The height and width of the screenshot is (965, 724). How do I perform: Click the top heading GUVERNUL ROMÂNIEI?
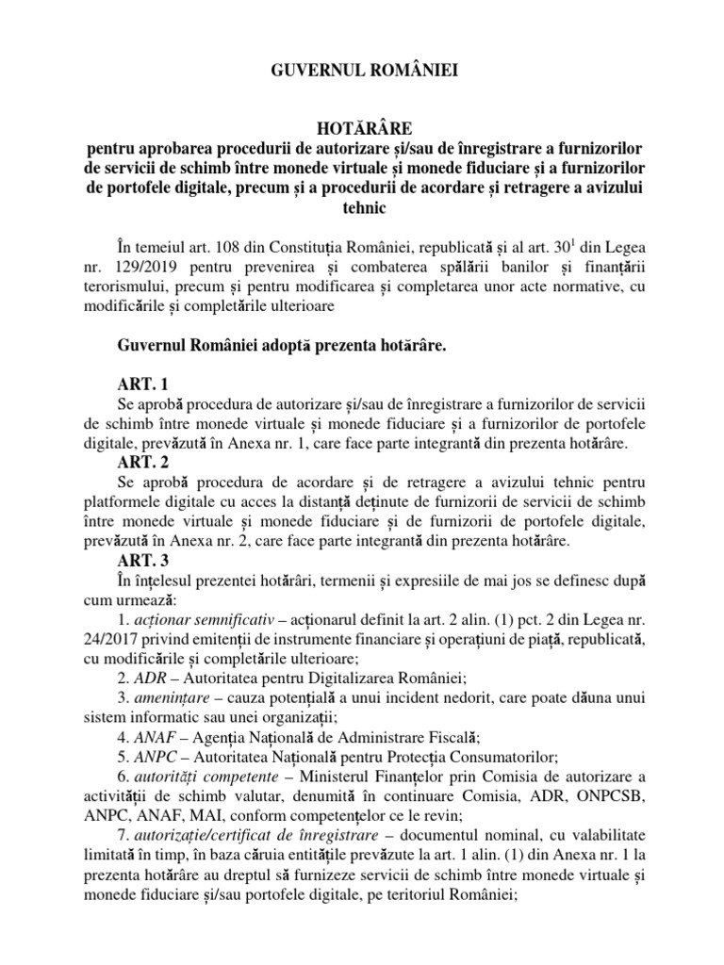[361, 68]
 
